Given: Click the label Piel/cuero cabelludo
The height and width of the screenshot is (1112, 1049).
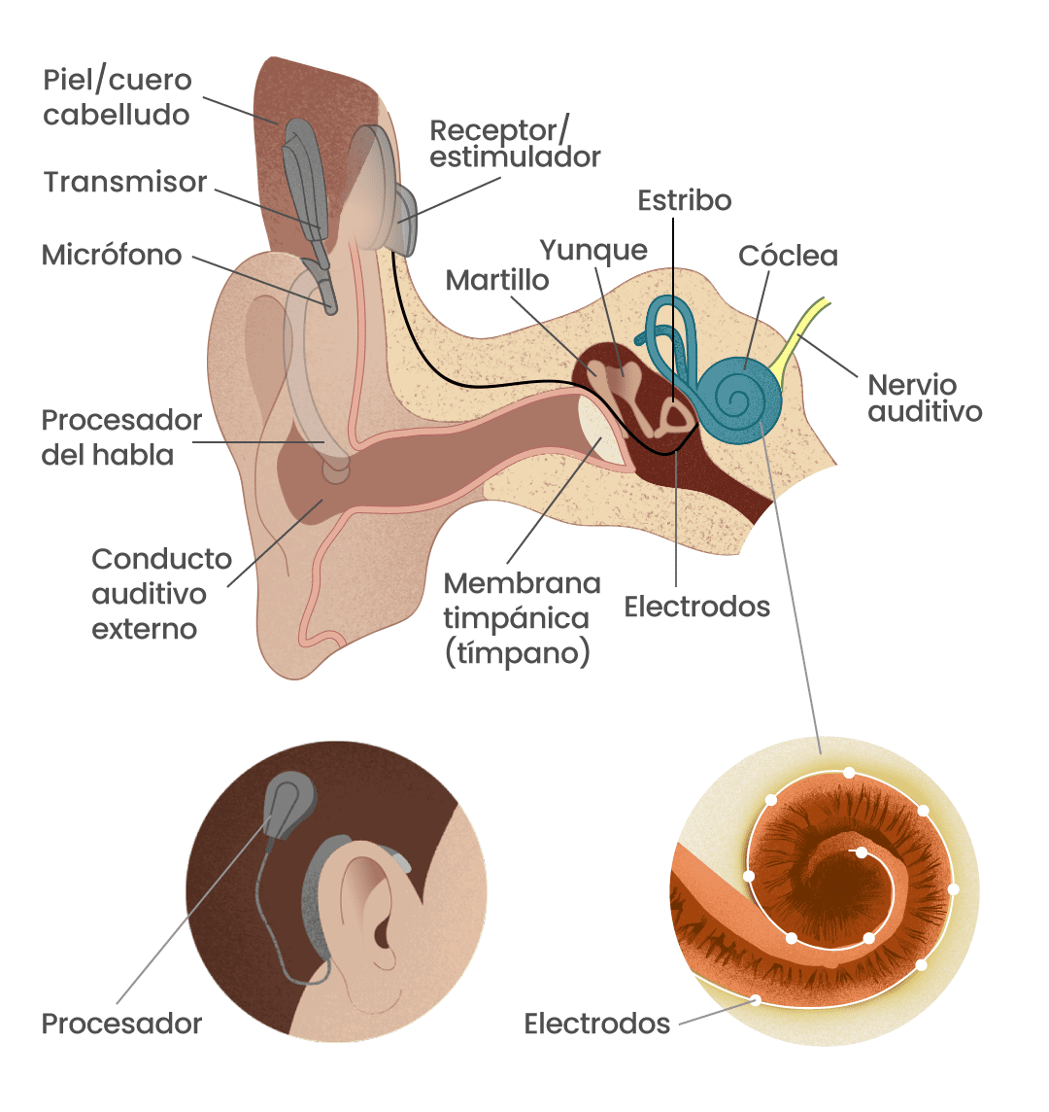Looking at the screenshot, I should (x=117, y=97).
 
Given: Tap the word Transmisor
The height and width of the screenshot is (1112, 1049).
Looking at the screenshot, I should (x=125, y=182).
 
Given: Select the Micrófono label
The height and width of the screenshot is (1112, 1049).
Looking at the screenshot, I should (x=112, y=255).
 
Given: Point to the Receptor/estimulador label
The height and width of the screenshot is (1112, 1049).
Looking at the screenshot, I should (x=515, y=143).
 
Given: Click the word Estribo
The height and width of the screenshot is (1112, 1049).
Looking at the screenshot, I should (x=685, y=200).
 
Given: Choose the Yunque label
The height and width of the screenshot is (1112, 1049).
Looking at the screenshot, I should (x=593, y=250).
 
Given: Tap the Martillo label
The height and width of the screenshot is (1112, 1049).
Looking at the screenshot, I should (x=497, y=280).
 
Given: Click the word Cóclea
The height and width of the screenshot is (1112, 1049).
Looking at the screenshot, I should (x=788, y=256).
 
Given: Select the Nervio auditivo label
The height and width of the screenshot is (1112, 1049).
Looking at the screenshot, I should (x=925, y=398).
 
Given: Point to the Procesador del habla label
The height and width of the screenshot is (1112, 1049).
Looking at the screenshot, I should (x=121, y=437).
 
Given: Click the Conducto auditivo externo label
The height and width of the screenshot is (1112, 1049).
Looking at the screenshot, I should (x=161, y=593).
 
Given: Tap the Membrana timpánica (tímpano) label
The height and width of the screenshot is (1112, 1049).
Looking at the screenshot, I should (x=522, y=617).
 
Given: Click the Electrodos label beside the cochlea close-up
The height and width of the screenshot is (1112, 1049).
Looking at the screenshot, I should (x=596, y=1024).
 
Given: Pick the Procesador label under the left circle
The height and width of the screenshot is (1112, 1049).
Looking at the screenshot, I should (x=121, y=1024).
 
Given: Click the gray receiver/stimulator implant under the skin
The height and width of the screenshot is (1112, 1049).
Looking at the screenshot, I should (x=405, y=219).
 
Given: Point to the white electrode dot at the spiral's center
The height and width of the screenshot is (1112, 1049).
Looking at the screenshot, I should (x=862, y=852).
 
